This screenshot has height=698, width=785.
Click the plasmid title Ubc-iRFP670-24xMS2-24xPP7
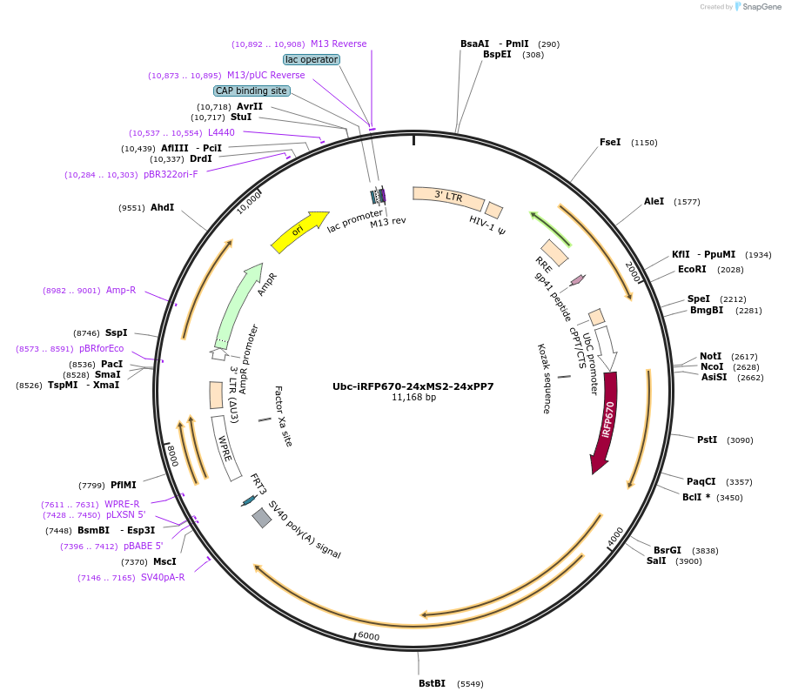coord(413,386)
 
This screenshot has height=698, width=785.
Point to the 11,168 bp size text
coord(413,398)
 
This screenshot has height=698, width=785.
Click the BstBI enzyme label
coord(432,683)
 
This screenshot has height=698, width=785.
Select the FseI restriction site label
coord(610,142)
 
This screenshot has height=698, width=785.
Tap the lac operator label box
coord(312,59)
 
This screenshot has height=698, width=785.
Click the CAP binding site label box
coord(252,91)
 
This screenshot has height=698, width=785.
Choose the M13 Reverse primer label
coord(339,44)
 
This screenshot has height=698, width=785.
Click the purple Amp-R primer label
coord(121,290)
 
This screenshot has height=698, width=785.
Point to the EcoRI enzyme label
coord(692,269)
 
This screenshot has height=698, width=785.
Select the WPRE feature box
coord(226,447)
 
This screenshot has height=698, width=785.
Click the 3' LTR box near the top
coord(447,198)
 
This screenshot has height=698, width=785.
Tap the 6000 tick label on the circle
coord(369,636)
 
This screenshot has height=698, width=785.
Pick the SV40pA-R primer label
coord(164,577)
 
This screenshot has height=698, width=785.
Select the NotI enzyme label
coord(710,356)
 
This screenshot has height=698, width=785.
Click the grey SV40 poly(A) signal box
coord(262,518)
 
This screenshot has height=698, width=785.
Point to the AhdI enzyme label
coord(162,208)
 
